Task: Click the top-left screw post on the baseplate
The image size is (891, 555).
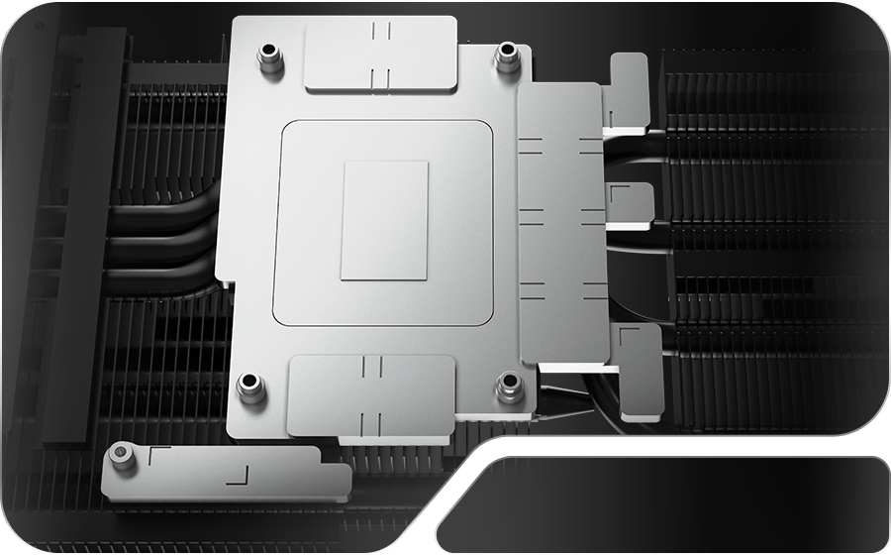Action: pos(268,57)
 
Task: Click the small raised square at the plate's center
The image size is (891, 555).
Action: pos(384,220)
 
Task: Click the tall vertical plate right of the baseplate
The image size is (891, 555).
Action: pos(560,223)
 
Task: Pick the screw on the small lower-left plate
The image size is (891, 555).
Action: pos(121,454)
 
